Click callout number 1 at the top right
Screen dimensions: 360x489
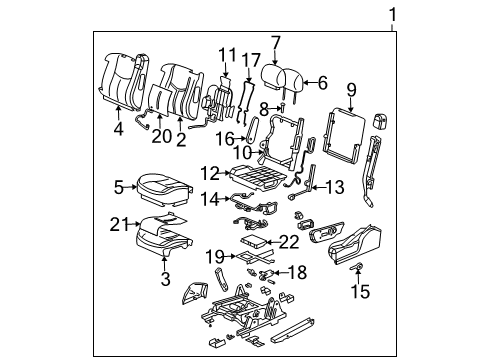(393, 14)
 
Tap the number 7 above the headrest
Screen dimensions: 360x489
(276, 42)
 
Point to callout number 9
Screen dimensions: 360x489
(350, 91)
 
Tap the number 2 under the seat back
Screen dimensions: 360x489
(182, 140)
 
